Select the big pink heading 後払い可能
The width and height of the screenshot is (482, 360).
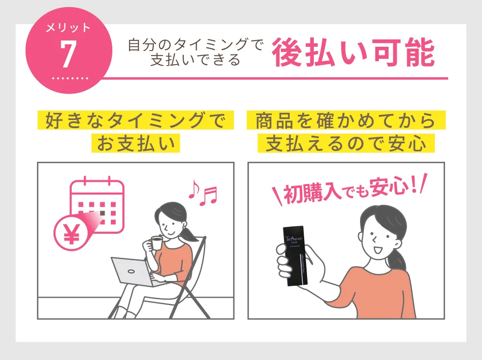353,53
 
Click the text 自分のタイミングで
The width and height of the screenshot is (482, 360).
197,46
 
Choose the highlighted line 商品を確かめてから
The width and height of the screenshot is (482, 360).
346,120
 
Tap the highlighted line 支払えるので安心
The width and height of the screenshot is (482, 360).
346,143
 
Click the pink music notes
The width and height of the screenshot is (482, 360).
202,192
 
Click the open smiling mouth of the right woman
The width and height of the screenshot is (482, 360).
377,250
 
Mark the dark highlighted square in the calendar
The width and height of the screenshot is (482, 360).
102,212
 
